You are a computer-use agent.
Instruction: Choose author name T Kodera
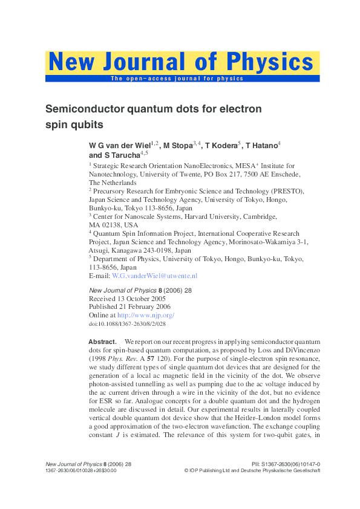pos(221,146)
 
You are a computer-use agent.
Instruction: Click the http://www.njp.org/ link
pos(145,315)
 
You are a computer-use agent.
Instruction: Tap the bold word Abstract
pos(102,342)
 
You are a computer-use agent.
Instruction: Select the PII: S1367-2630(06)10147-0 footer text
pos(285,464)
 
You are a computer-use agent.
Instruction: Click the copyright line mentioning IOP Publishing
pos(252,470)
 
